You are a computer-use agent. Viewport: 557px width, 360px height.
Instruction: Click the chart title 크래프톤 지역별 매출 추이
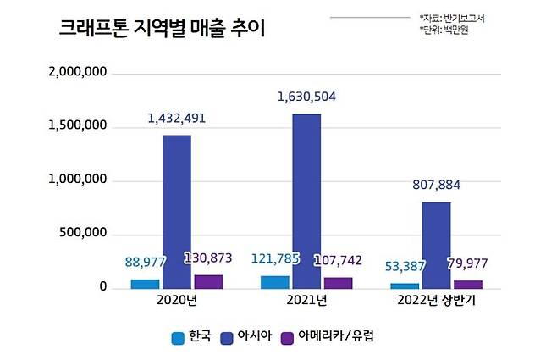pyautogui.click(x=162, y=29)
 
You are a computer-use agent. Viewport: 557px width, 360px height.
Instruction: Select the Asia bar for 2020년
pyautogui.click(x=177, y=212)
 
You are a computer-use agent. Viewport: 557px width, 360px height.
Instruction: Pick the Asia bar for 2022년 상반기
pyautogui.click(x=436, y=245)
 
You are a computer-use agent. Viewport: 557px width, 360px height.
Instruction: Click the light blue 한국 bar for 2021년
pyautogui.click(x=275, y=282)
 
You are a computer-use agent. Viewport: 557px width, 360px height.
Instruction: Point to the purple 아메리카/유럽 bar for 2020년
pyautogui.click(x=208, y=281)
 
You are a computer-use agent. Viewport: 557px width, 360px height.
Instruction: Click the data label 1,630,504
pyautogui.click(x=306, y=97)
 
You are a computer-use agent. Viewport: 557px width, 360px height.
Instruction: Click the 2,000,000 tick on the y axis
pyautogui.click(x=79, y=73)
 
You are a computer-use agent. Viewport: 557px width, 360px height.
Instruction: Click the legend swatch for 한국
pyautogui.click(x=179, y=336)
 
